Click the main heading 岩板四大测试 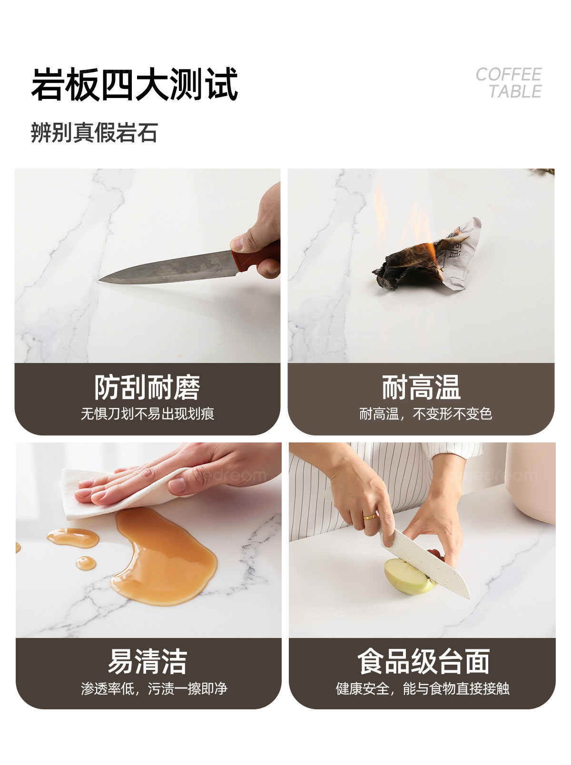point(135,84)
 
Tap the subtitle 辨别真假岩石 point(94,132)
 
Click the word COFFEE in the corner point(509,74)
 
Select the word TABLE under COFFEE point(515,91)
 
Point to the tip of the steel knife point(99,281)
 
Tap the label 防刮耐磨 point(147,388)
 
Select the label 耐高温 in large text point(421,388)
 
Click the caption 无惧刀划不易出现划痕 point(147,414)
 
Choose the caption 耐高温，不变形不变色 point(425,414)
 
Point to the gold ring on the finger point(370,516)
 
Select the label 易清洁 point(148,661)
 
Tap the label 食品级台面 point(423,661)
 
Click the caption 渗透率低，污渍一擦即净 point(154,688)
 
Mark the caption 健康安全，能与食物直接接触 point(423,688)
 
